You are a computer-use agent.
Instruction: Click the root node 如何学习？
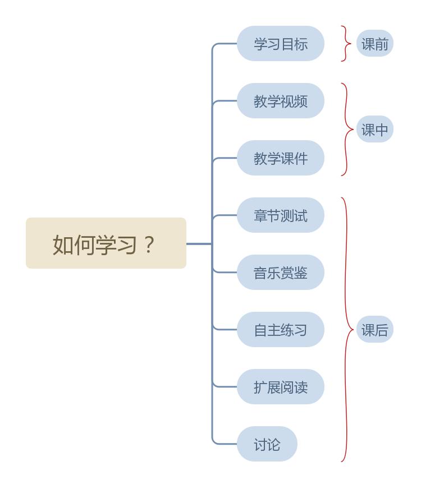pyautogui.click(x=106, y=243)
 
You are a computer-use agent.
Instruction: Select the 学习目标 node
pyautogui.click(x=280, y=44)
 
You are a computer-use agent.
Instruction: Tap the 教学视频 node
pyautogui.click(x=280, y=101)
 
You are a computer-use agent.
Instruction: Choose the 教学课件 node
pyautogui.click(x=280, y=158)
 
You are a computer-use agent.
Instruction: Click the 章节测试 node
pyautogui.click(x=280, y=215)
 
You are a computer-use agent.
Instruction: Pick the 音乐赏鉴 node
pyautogui.click(x=280, y=273)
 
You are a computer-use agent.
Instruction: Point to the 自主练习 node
pyautogui.click(x=280, y=330)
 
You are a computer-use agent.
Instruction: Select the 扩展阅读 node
pyautogui.click(x=280, y=387)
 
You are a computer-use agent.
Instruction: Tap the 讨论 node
pyautogui.click(x=267, y=444)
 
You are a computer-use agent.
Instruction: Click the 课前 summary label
pyautogui.click(x=374, y=44)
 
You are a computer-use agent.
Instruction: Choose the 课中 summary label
pyautogui.click(x=374, y=130)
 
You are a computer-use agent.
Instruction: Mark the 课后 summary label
pyautogui.click(x=374, y=330)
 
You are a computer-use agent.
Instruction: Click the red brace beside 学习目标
pyautogui.click(x=346, y=44)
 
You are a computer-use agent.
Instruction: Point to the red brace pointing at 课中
pyautogui.click(x=346, y=130)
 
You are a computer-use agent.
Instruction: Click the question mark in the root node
pyautogui.click(x=149, y=245)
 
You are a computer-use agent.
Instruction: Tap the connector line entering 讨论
pyautogui.click(x=225, y=444)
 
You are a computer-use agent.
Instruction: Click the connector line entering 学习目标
pyautogui.click(x=225, y=43)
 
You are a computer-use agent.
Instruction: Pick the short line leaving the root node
pyautogui.click(x=199, y=244)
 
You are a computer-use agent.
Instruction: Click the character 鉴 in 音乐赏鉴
pyautogui.click(x=301, y=273)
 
